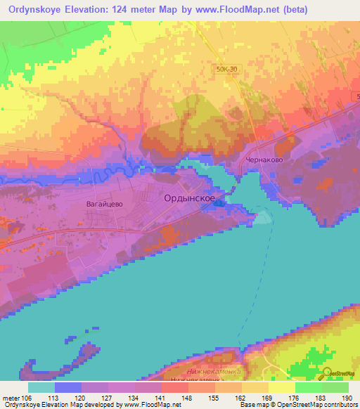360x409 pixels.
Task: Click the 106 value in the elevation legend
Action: point(27,397)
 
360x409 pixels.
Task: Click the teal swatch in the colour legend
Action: point(41,387)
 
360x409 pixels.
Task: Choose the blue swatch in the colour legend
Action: point(68,387)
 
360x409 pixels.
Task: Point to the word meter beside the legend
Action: point(11,397)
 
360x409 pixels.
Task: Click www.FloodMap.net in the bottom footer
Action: point(150,405)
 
